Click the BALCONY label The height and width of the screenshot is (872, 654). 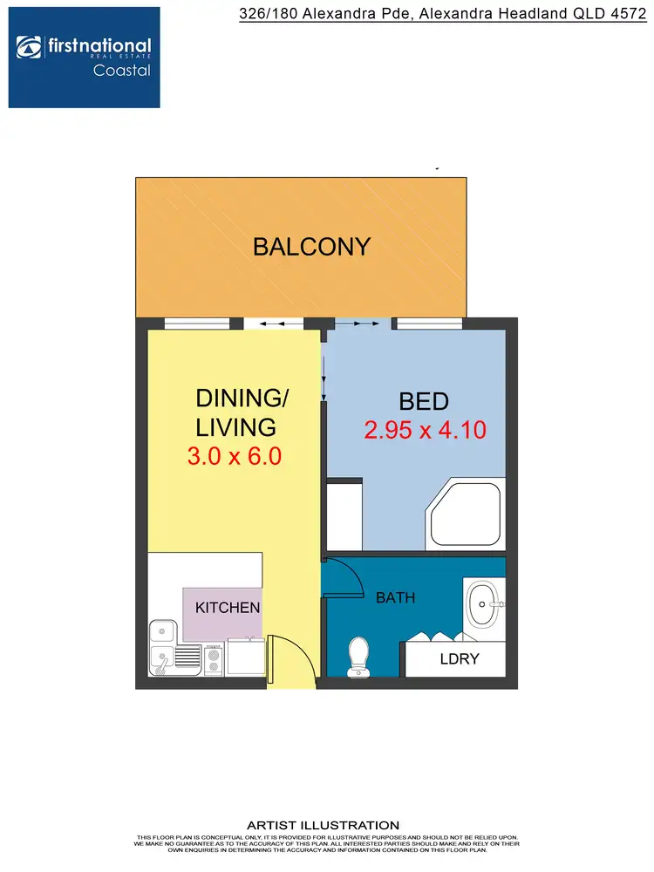pyautogui.click(x=311, y=247)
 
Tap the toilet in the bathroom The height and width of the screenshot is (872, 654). pyautogui.click(x=358, y=657)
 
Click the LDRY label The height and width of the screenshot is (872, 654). pyautogui.click(x=460, y=658)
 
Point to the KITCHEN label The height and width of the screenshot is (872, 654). pyautogui.click(x=228, y=607)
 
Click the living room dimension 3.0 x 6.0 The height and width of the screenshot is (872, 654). pyautogui.click(x=235, y=456)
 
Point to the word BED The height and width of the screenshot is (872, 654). pyautogui.click(x=423, y=401)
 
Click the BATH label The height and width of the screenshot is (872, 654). pyautogui.click(x=395, y=598)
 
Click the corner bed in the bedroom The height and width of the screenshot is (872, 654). pyautogui.click(x=466, y=514)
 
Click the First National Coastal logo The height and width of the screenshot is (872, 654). pyautogui.click(x=85, y=58)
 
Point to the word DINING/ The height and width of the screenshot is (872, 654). pyautogui.click(x=242, y=399)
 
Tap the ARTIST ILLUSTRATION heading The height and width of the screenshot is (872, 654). pyautogui.click(x=323, y=825)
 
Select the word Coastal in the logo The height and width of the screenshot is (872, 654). pyautogui.click(x=121, y=71)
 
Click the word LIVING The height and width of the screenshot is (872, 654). pyautogui.click(x=236, y=427)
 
